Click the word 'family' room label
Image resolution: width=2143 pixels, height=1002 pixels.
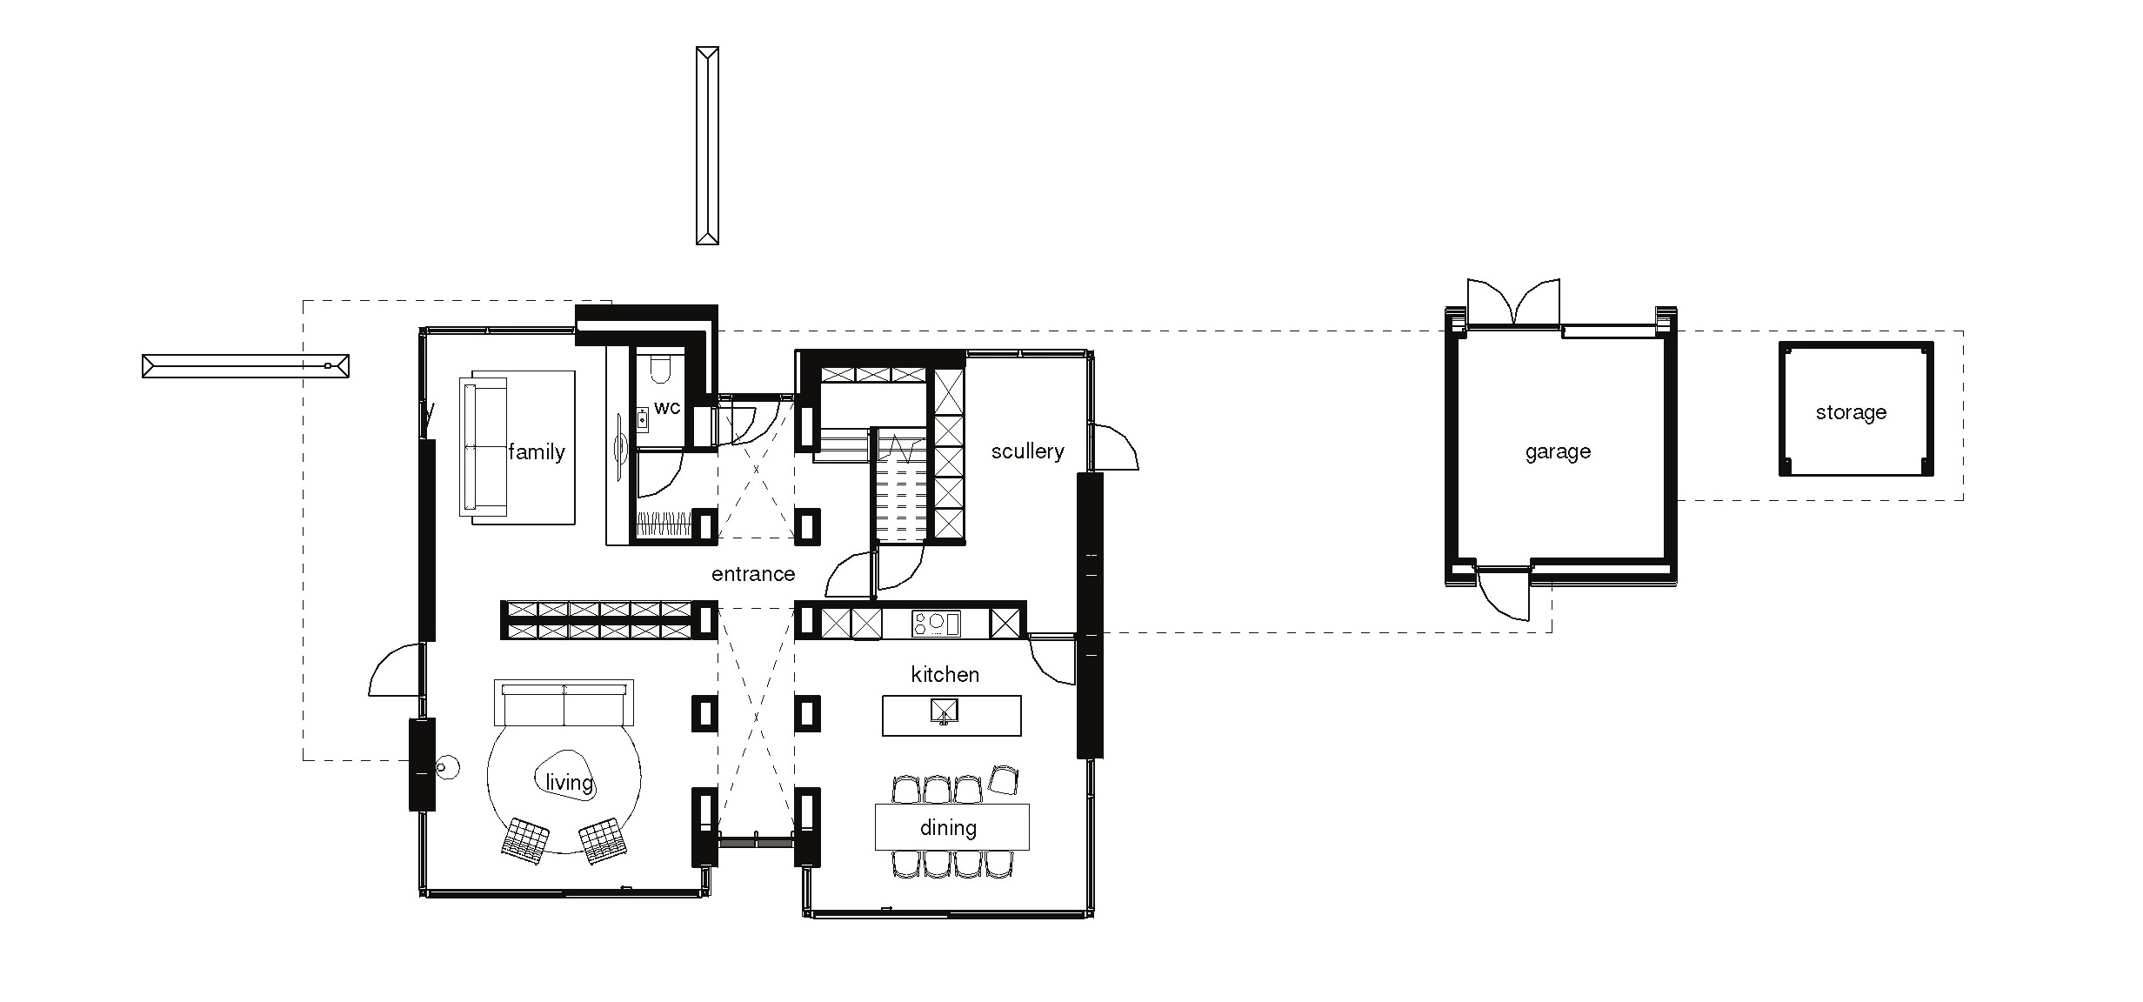point(537,451)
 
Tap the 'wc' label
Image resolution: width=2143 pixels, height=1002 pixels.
point(667,408)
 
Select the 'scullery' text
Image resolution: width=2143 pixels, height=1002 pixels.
point(1028,451)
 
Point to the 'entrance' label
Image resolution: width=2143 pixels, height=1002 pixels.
point(753,574)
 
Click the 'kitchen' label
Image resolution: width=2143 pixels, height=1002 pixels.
point(945,674)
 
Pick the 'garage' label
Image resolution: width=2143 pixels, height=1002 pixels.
point(1558,452)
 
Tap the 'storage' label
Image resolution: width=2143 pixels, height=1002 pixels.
point(1851,412)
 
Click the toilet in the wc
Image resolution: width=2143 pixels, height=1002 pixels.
point(661,367)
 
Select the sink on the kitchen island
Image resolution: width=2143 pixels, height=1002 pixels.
point(944,711)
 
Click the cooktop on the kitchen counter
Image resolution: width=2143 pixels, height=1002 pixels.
point(936,623)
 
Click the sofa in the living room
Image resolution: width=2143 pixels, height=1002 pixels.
point(564,703)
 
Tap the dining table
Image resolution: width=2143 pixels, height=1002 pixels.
point(951,826)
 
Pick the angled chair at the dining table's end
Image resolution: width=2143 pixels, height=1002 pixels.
point(1005,779)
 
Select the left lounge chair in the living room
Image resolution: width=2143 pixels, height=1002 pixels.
point(525,840)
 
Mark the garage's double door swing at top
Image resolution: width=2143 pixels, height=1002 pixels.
point(1513,302)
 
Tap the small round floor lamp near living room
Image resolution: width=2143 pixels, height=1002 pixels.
point(446,768)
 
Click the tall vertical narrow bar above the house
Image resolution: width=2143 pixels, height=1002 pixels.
point(707,145)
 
